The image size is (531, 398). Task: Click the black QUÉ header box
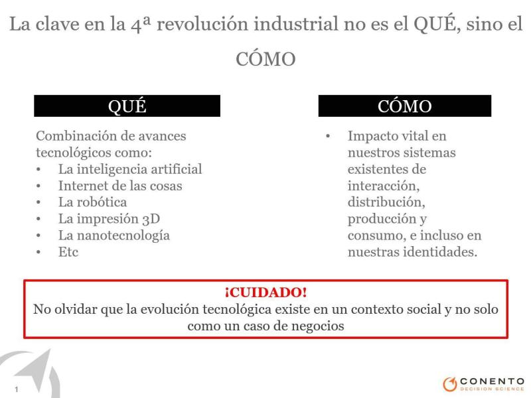point(127,106)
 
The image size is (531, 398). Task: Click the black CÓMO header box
point(405,106)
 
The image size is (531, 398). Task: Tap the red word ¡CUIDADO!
point(266,293)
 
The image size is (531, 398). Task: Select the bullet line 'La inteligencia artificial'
point(130,169)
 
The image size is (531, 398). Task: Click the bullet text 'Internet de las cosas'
point(120,186)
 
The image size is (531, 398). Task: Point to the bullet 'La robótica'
point(92,202)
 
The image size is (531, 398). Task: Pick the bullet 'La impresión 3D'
point(109,219)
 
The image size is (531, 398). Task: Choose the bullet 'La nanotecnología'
point(114,235)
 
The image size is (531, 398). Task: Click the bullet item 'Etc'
point(68,252)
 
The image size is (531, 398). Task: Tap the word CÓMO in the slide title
point(266,59)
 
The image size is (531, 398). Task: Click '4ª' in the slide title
point(140,25)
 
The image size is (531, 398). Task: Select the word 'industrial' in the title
point(296,24)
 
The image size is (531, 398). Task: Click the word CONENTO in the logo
point(493,381)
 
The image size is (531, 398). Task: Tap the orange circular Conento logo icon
point(450,384)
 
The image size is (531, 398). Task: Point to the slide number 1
point(16,389)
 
